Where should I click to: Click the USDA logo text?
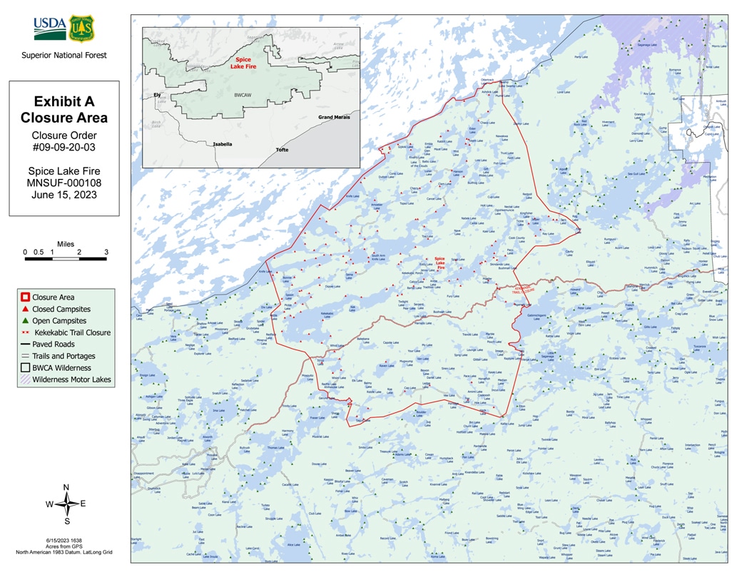coord(49,27)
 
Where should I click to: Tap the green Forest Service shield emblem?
coord(81,28)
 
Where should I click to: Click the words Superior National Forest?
coord(64,55)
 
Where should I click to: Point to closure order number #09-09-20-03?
coord(64,148)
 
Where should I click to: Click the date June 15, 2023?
coord(64,195)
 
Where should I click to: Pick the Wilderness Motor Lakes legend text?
coord(71,379)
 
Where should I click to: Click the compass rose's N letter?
coord(66,487)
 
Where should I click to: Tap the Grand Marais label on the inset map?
coord(334,117)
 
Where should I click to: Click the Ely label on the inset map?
coord(156,94)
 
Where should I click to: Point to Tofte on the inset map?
coord(283,150)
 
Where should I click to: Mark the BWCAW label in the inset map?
coord(243,93)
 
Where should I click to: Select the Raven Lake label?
coord(387,365)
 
